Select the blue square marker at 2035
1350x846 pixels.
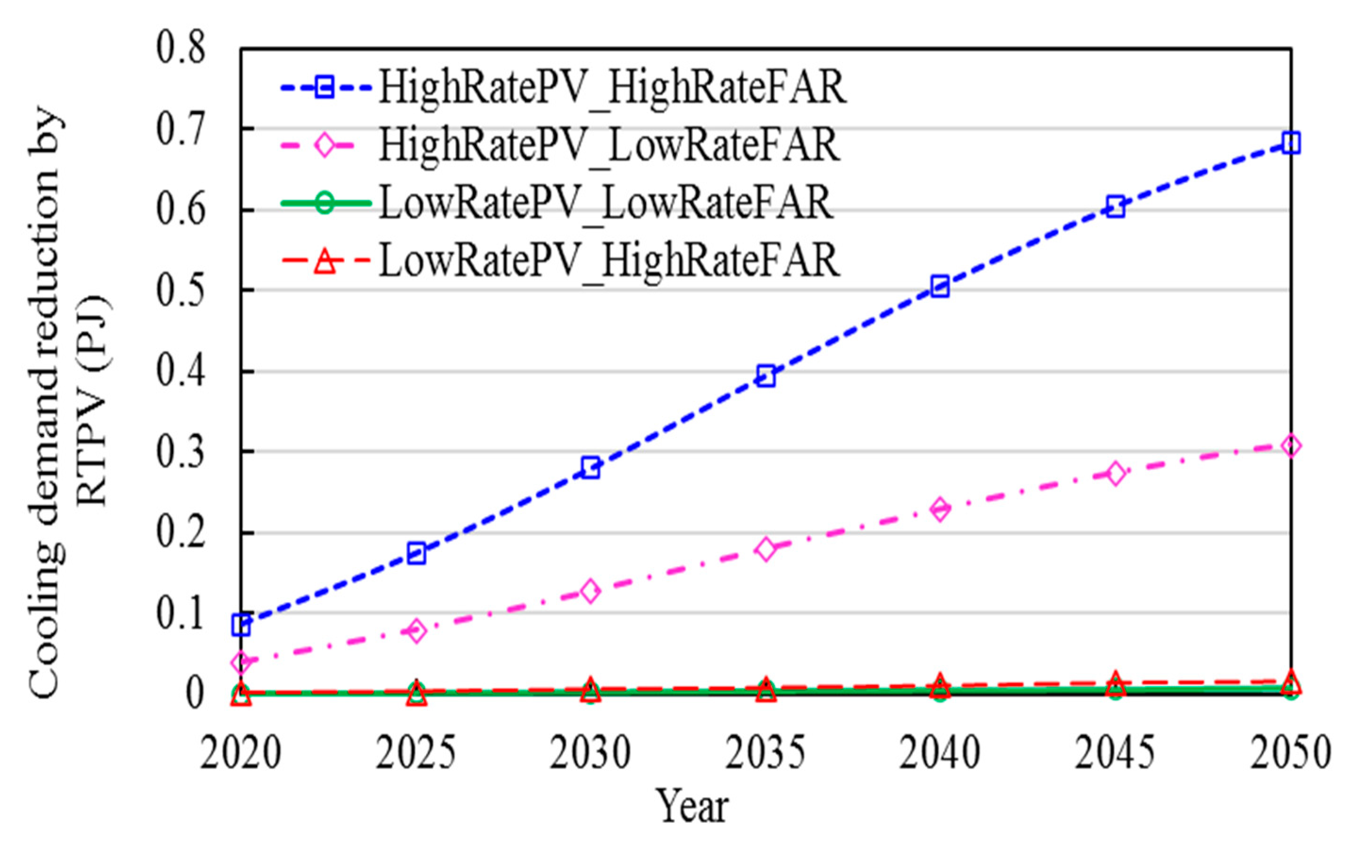(766, 377)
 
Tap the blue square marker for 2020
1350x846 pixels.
(241, 625)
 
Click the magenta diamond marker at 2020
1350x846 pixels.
(241, 663)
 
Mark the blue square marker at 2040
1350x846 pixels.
(941, 286)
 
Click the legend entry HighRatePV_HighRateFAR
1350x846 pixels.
(612, 87)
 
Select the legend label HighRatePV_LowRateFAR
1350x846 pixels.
(609, 145)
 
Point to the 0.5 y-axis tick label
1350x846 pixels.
(181, 291)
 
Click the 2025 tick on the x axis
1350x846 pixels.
(416, 753)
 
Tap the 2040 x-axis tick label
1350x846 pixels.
(941, 753)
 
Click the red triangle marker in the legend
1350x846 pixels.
(325, 261)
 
